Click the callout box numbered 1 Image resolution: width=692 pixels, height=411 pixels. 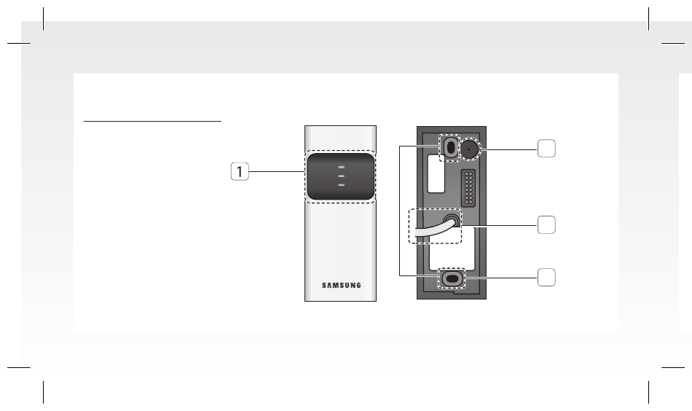coord(240,171)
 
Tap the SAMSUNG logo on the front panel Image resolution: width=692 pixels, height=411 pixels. coord(341,285)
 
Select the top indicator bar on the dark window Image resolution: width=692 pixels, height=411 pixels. coord(341,168)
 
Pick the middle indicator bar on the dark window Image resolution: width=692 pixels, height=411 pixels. coord(341,176)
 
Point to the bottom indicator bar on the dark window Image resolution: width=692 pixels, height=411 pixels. coord(341,185)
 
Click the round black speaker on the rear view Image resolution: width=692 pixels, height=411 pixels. coord(468,149)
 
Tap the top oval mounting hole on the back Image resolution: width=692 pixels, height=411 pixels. coord(450,147)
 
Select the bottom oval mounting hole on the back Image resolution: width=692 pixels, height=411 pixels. coord(452,278)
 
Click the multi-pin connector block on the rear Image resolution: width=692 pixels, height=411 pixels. coord(468,188)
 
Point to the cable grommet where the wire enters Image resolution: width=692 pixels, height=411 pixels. coord(452,220)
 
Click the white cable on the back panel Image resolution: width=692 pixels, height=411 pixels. coord(433,230)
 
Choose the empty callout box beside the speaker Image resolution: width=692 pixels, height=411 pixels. coord(546,149)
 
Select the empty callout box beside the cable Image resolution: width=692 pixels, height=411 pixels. coord(546,224)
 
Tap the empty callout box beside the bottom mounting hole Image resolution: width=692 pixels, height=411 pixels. coord(546,277)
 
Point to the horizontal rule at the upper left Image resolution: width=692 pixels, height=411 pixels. coord(152,120)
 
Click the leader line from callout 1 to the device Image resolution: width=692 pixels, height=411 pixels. coord(277,171)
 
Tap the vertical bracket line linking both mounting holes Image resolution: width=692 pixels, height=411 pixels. coord(400,211)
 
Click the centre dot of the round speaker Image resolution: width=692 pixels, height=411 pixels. coord(468,149)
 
